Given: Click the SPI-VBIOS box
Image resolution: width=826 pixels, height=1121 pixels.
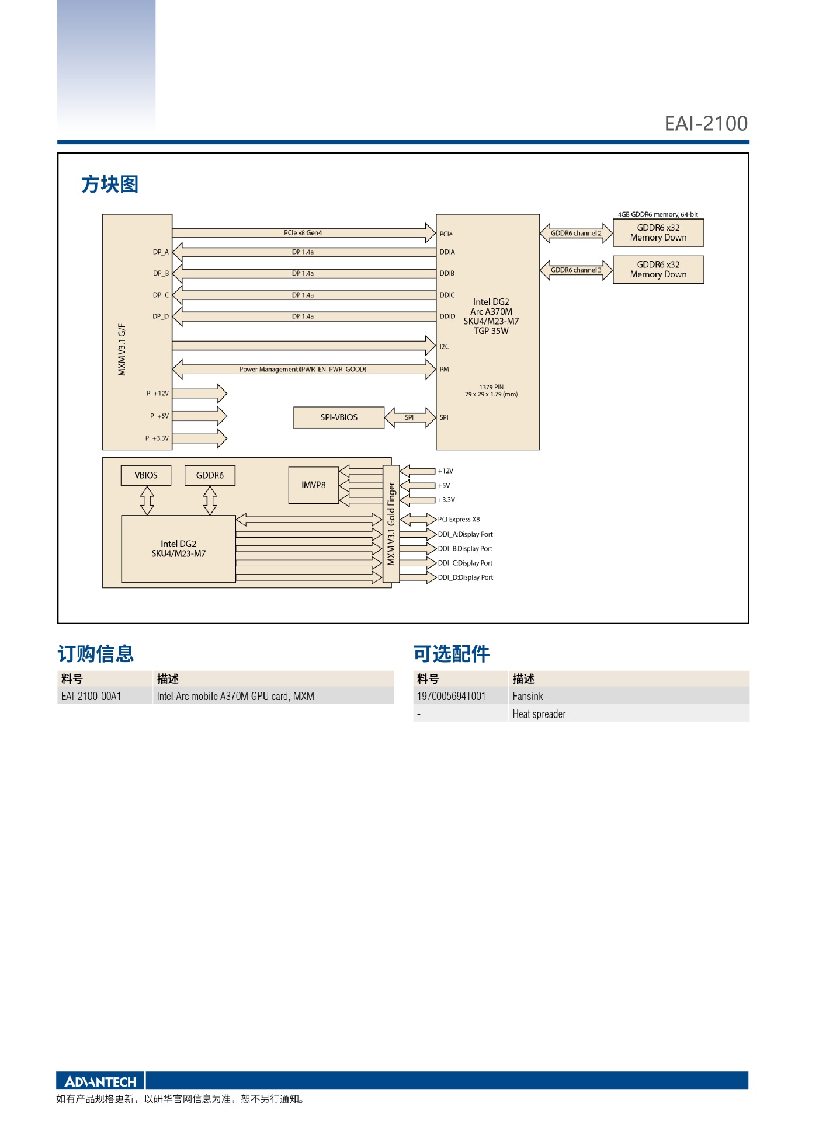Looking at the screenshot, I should pyautogui.click(x=339, y=417).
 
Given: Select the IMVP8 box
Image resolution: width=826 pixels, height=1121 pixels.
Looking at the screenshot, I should pyautogui.click(x=314, y=485).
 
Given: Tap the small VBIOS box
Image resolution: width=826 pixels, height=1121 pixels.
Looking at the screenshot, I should pyautogui.click(x=146, y=475).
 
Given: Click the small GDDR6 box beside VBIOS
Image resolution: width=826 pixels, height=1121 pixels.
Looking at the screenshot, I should pyautogui.click(x=210, y=475).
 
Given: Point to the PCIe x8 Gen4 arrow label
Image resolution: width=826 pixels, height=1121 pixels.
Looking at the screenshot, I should pyautogui.click(x=303, y=233).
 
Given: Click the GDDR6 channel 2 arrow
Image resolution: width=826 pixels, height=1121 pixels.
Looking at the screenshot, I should pyautogui.click(x=576, y=234).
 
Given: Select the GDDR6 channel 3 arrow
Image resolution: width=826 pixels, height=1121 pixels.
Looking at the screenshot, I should pyautogui.click(x=576, y=270).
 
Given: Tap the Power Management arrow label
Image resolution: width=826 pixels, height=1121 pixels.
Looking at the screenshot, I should pyautogui.click(x=303, y=370).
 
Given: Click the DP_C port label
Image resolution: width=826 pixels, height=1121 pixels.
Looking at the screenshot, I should pyautogui.click(x=161, y=295).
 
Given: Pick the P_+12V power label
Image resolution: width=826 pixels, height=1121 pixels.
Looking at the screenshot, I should pyautogui.click(x=158, y=394).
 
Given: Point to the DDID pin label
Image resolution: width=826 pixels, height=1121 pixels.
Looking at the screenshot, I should pyautogui.click(x=447, y=316).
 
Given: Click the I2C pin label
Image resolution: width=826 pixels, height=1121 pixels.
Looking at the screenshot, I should pyautogui.click(x=445, y=347).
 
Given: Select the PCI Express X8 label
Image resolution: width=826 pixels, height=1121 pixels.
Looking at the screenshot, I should pyautogui.click(x=459, y=520).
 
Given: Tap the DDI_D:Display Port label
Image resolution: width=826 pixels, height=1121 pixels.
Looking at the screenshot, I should pyautogui.click(x=466, y=577).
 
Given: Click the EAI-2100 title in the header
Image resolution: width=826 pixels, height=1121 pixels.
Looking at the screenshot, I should pyautogui.click(x=706, y=124).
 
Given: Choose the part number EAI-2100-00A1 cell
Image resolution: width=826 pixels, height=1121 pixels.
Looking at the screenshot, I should pyautogui.click(x=91, y=696).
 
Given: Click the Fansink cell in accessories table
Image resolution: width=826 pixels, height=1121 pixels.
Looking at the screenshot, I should pyautogui.click(x=527, y=696).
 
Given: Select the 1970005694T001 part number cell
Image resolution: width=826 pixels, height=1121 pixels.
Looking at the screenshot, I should pyautogui.click(x=451, y=696).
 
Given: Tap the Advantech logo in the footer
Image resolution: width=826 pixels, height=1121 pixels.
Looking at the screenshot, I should pyautogui.click(x=100, y=1081).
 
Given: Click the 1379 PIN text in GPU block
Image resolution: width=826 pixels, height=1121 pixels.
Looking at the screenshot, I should pyautogui.click(x=491, y=387).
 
